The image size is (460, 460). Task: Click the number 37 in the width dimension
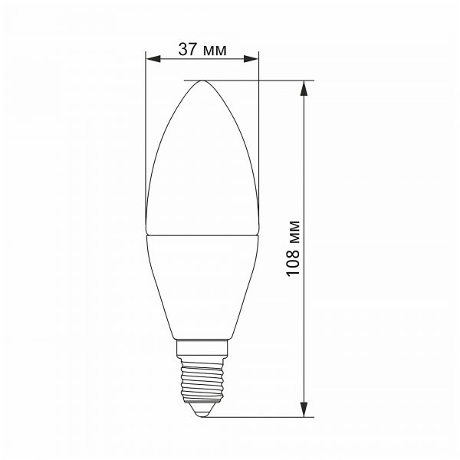[x=187, y=50]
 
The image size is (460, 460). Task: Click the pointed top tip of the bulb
[x=202, y=81]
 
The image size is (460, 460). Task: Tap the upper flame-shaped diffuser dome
[x=202, y=161]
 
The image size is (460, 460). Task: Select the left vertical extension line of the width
[x=146, y=138]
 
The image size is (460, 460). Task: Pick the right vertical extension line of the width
[x=259, y=138]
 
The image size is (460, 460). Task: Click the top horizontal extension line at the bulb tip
[x=253, y=80]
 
